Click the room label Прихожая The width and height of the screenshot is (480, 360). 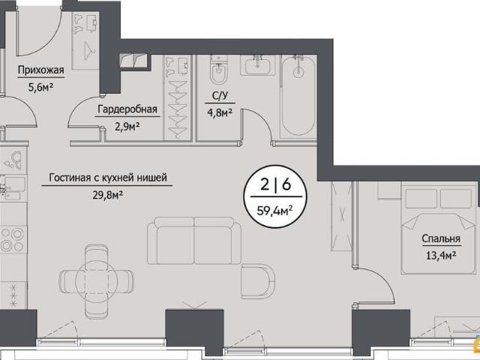pos(41,70)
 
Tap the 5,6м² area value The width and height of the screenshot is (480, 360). pos(41,88)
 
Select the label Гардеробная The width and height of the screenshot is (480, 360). pos(127,109)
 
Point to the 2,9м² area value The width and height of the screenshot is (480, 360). pos(127,126)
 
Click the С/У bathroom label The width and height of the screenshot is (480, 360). pos(220,96)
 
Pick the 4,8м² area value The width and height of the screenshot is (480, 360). pos(220,113)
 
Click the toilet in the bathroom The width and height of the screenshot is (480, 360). pos(218,70)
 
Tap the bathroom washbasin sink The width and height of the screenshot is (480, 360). pos(258,65)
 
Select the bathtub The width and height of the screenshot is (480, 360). pos(298,95)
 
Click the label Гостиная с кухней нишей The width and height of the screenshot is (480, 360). pos(108,178)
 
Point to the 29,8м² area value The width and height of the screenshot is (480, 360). pos(108,195)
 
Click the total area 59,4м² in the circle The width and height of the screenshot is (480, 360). pos(274,211)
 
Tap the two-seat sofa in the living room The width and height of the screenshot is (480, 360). pos(194,241)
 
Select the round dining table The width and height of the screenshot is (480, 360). pos(97,281)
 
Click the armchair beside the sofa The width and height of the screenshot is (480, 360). pos(258,282)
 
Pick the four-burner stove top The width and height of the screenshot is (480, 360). pos(13,240)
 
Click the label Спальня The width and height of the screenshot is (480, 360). pos(441,238)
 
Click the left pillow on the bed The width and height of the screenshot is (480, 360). pos(421,199)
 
